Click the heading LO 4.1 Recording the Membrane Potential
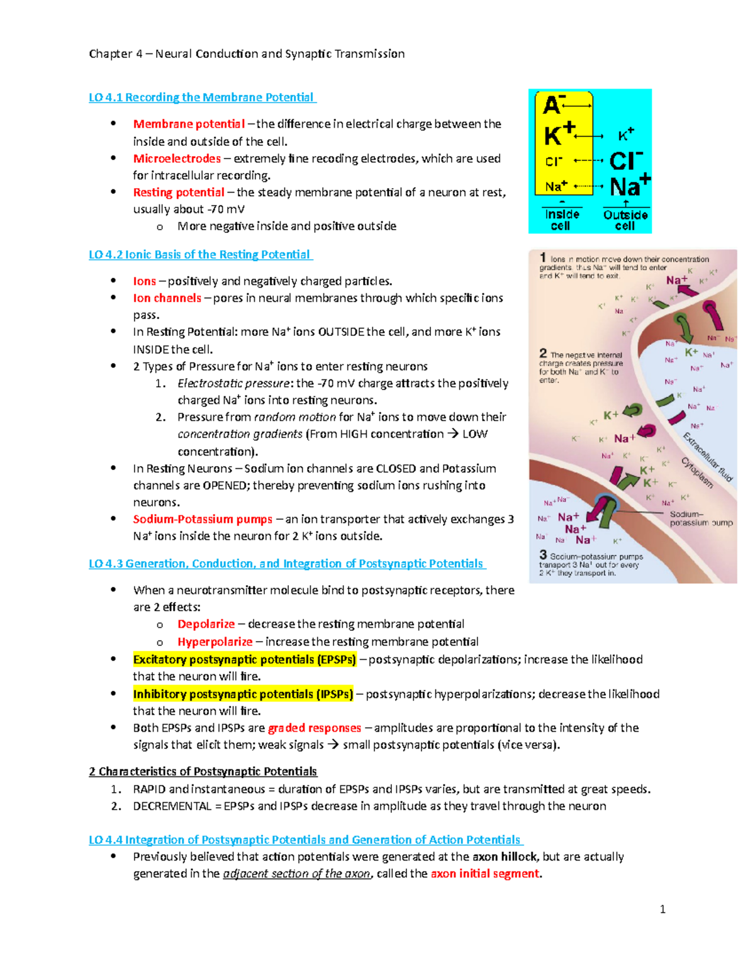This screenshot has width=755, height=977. pyautogui.click(x=201, y=98)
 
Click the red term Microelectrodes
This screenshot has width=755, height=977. pyautogui.click(x=177, y=159)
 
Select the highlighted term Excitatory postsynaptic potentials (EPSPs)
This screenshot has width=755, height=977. pyautogui.click(x=244, y=659)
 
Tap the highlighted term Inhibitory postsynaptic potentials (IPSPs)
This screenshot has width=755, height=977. pyautogui.click(x=243, y=694)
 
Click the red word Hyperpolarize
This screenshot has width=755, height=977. pyautogui.click(x=215, y=642)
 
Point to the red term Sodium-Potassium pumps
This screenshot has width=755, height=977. pyautogui.click(x=203, y=519)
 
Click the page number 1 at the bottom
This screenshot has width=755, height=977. pyautogui.click(x=663, y=909)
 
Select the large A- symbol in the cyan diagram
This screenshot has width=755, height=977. pyautogui.click(x=554, y=105)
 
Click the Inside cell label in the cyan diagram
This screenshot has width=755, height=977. pyautogui.click(x=561, y=220)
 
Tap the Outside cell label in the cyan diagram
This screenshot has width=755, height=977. pyautogui.click(x=625, y=220)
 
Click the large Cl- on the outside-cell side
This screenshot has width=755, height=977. pyautogui.click(x=625, y=161)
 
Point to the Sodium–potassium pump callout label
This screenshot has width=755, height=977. pyautogui.click(x=700, y=518)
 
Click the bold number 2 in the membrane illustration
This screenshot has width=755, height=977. pyautogui.click(x=543, y=353)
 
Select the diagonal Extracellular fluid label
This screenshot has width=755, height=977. pyautogui.click(x=708, y=457)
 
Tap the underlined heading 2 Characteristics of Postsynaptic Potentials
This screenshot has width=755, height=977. pyautogui.click(x=203, y=771)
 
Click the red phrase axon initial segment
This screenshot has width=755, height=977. pyautogui.click(x=484, y=874)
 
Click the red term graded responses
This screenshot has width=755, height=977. pyautogui.click(x=315, y=728)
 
